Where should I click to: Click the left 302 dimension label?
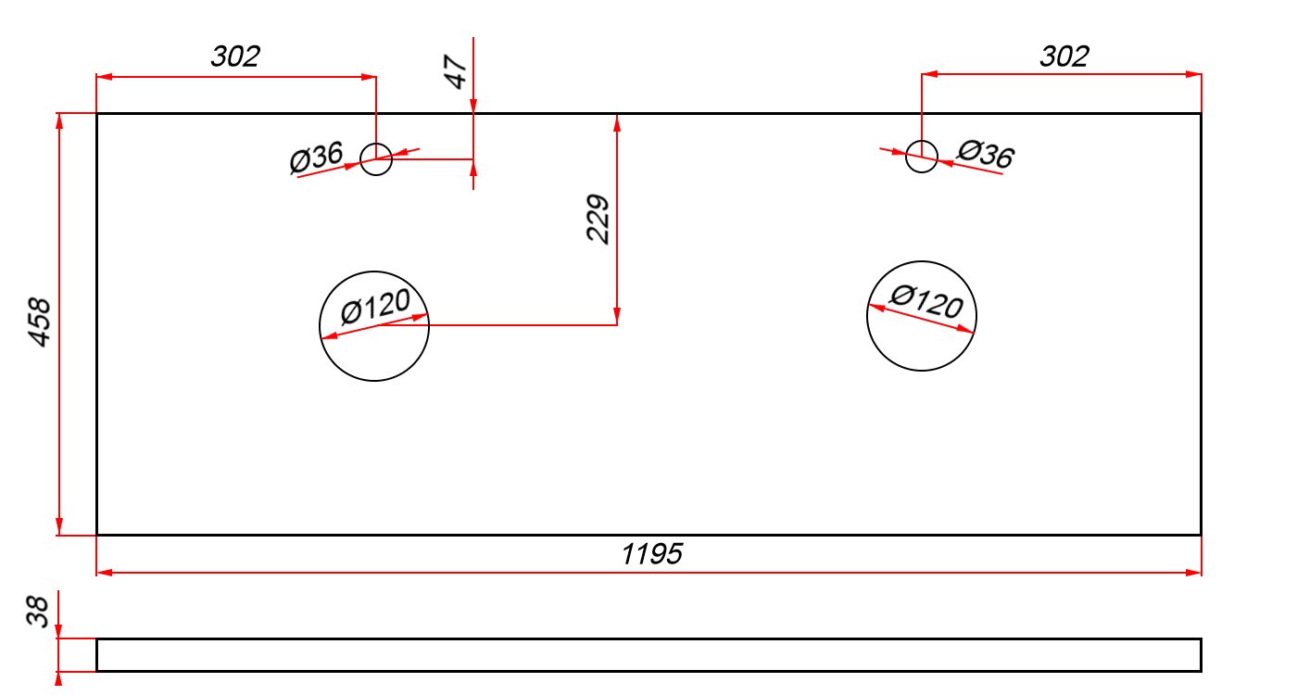tap(235, 57)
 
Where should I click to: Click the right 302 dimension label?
tap(1064, 57)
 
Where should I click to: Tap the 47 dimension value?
tap(456, 72)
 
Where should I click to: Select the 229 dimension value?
tap(598, 219)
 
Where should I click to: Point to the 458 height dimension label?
tap(40, 322)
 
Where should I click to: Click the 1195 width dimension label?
tap(652, 554)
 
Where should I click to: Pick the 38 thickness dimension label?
tap(38, 611)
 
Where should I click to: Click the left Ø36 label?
tap(317, 157)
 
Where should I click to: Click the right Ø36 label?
tap(986, 154)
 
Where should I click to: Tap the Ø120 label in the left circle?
tap(375, 306)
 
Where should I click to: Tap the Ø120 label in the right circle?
tap(926, 301)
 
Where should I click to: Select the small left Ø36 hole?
tap(376, 143)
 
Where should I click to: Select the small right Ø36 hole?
tap(922, 141)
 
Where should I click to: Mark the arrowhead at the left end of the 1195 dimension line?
tap(104, 573)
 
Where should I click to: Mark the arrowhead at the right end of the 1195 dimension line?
tap(1193, 573)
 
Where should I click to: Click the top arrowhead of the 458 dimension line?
tap(59, 121)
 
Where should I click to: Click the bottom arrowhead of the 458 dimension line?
tap(59, 526)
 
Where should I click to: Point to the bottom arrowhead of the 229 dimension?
tap(617, 316)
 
